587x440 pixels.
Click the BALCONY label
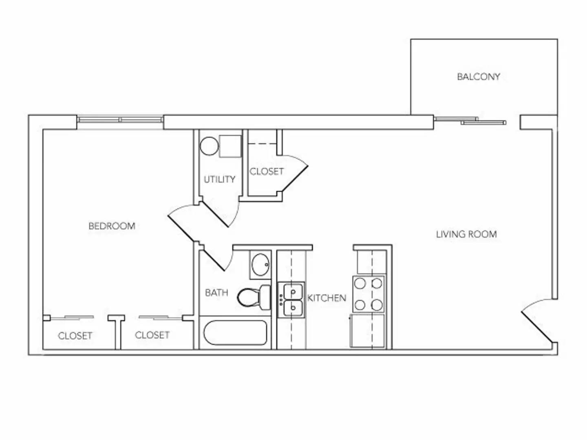point(478,77)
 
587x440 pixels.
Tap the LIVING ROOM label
point(466,234)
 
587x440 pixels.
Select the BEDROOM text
point(112,226)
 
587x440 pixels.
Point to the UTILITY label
point(219,179)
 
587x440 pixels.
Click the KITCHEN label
point(327,298)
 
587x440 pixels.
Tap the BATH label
point(216,293)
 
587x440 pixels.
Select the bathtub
point(235,333)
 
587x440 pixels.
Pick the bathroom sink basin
point(260,265)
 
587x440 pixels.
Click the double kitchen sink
point(291,299)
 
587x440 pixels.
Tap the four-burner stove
point(368,294)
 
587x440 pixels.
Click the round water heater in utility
point(209,146)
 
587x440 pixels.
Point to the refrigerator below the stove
point(367,330)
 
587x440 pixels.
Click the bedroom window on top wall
point(120,120)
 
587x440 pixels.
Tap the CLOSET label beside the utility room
point(266,172)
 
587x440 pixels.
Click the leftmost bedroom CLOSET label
point(75,336)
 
